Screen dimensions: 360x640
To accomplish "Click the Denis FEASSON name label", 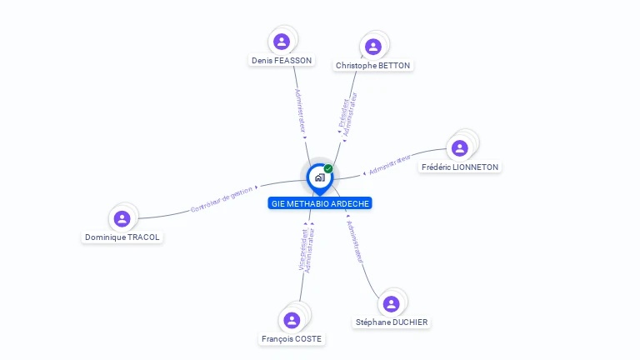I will [282, 60].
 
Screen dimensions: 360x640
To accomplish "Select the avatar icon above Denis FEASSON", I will [282, 41].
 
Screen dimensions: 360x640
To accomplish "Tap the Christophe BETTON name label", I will [372, 65].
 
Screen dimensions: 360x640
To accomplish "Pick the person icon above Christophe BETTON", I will [373, 46].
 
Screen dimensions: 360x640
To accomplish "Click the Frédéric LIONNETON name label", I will [460, 167].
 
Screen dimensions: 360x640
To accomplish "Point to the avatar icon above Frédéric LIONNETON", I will [460, 147].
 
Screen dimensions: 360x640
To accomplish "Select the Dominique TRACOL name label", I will [122, 237].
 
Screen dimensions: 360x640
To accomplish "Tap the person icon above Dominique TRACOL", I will [122, 218].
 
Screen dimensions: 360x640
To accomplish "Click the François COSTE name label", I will [292, 338].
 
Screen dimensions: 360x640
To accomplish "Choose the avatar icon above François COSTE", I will [292, 319].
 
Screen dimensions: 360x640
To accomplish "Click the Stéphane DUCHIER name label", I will [392, 322].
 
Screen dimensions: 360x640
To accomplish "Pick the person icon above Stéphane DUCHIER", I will [392, 303].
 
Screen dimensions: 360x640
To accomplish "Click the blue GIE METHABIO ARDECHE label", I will [320, 203].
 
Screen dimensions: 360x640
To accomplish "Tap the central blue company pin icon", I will [319, 177].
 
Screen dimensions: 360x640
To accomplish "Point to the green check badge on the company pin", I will [328, 168].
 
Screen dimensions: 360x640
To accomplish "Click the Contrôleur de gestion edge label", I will [222, 200].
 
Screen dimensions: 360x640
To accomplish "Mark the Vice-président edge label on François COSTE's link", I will [302, 249].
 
